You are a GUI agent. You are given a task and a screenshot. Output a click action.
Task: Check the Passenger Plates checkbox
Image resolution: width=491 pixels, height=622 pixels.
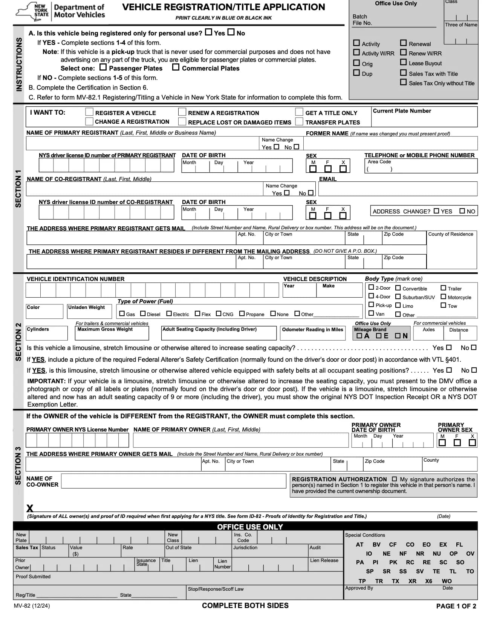(x=103, y=68)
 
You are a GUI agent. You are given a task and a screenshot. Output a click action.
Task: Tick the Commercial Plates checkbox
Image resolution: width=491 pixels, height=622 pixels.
(x=176, y=68)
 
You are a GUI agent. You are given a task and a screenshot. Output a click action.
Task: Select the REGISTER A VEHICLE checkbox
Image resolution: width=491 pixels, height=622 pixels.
(x=89, y=112)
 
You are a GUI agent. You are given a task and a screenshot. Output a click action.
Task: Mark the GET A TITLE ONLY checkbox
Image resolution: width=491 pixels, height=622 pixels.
(x=299, y=112)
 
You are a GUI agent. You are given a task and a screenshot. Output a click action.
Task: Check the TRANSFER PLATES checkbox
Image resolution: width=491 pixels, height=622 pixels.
(x=299, y=121)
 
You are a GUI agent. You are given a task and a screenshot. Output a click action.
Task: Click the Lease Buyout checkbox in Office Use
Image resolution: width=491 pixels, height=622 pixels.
(x=404, y=62)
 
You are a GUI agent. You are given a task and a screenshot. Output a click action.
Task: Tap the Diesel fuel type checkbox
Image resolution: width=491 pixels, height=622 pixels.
(x=143, y=313)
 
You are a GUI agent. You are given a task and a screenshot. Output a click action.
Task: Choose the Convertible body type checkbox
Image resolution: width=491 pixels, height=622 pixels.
(x=398, y=288)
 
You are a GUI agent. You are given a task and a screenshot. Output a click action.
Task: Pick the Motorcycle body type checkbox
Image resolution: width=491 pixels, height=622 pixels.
(x=443, y=296)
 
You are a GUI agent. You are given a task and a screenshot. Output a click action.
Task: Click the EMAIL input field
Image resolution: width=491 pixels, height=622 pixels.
(x=398, y=189)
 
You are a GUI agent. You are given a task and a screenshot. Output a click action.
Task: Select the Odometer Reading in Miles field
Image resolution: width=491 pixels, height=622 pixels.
(x=312, y=336)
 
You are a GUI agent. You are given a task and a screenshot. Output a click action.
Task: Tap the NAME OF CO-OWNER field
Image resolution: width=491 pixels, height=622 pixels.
(x=173, y=481)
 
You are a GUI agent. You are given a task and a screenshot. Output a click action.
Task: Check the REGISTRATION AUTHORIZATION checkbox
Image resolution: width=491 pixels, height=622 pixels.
(x=394, y=479)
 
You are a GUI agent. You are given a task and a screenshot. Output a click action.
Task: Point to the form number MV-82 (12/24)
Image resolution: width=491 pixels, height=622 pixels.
(x=32, y=606)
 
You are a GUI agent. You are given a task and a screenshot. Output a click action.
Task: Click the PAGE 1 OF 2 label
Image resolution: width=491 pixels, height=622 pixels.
(x=456, y=606)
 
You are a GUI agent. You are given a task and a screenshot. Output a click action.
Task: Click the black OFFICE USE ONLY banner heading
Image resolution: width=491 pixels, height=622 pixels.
(x=250, y=527)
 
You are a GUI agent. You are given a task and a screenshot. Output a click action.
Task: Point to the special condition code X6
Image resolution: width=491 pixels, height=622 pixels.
(x=428, y=581)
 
